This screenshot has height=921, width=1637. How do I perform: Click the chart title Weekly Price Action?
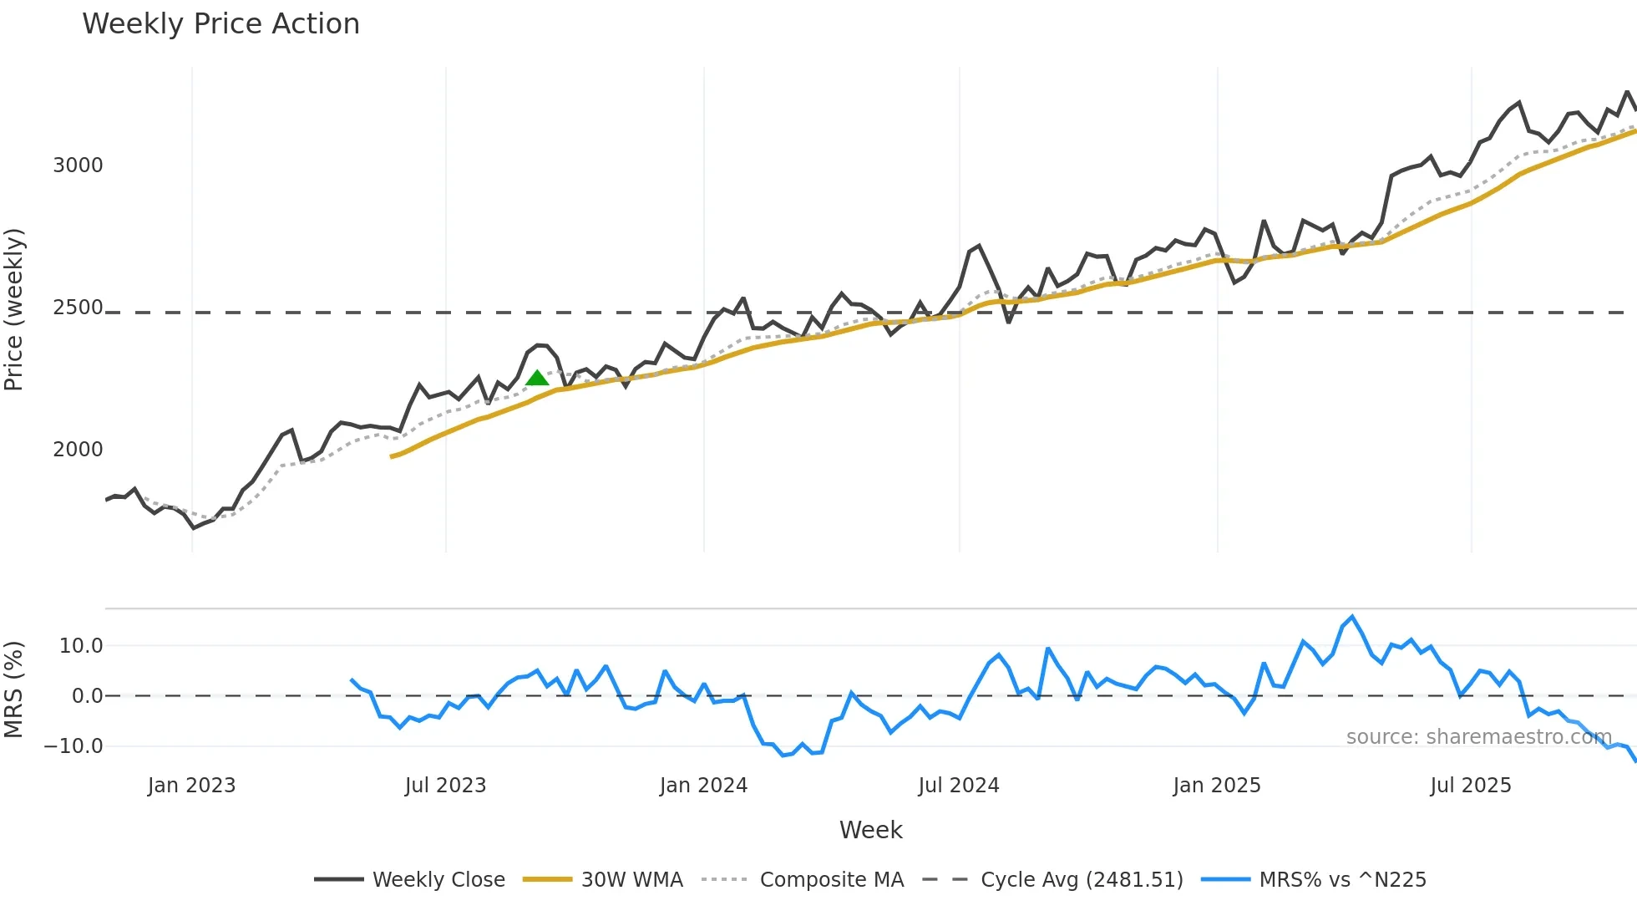220,24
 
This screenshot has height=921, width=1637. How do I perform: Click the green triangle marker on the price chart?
537,379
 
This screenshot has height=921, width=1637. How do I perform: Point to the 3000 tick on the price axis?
78,165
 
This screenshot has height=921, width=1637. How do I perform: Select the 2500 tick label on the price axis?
78,308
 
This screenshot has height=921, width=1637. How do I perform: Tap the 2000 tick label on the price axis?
78,450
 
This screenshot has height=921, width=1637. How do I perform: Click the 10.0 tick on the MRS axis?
81,646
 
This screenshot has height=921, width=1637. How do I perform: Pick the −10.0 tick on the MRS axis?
74,746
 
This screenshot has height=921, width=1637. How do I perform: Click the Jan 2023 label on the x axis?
191,786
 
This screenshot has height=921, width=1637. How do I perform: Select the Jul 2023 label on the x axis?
445,786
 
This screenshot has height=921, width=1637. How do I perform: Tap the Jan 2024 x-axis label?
703,786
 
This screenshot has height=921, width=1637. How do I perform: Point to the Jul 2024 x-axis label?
958,786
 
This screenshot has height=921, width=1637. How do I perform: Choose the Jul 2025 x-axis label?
1470,786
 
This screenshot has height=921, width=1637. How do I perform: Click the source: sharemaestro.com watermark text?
1478,737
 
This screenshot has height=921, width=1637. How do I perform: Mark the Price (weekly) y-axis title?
14,309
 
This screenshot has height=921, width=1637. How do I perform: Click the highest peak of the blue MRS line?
1352,617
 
